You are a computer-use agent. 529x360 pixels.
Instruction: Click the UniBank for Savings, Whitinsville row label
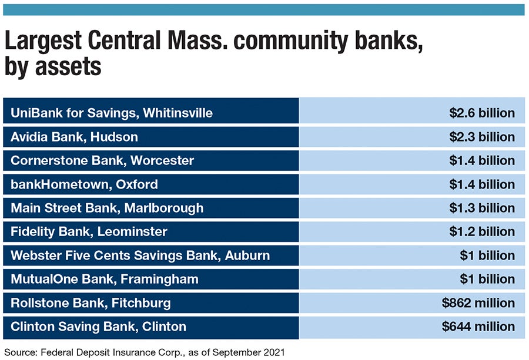(x=112, y=113)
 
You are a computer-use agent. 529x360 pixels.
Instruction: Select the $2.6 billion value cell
(x=481, y=113)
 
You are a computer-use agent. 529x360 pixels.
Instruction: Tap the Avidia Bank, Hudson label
(x=74, y=137)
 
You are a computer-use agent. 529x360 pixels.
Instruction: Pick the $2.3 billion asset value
(x=481, y=137)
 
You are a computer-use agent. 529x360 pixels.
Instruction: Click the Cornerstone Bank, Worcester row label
(x=102, y=160)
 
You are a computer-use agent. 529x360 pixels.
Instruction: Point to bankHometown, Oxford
(x=84, y=184)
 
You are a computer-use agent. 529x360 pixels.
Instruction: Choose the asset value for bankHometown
(x=481, y=184)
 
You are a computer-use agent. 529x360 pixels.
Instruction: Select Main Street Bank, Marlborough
(x=107, y=208)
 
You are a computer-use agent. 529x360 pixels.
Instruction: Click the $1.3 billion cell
(x=481, y=208)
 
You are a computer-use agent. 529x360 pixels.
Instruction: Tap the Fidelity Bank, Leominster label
(x=89, y=232)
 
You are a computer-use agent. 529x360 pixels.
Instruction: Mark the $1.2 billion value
(x=481, y=232)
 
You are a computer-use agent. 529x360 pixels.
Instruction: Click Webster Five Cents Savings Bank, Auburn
(x=140, y=255)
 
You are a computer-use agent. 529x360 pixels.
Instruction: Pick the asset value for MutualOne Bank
(x=487, y=280)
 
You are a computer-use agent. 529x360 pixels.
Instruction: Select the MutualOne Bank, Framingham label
(x=104, y=280)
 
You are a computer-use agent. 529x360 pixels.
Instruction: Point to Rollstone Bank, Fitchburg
(x=91, y=303)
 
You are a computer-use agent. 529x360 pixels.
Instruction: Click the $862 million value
(x=478, y=303)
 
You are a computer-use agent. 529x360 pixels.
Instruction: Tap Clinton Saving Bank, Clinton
(x=98, y=327)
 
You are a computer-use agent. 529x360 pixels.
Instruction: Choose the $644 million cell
(x=478, y=327)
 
